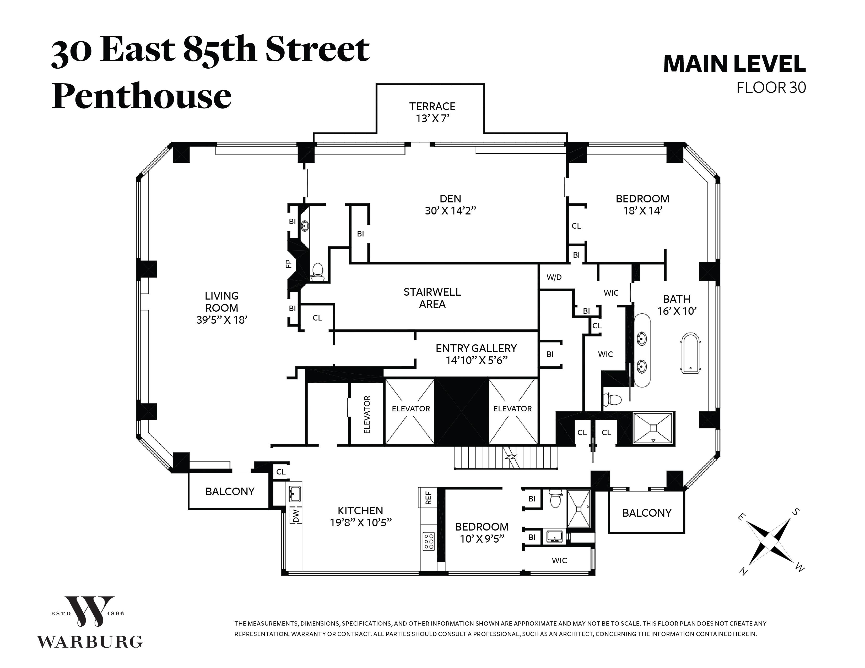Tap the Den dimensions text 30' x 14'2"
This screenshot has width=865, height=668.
(450, 211)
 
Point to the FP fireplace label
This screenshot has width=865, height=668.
(289, 264)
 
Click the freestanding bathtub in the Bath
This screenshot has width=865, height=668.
(690, 354)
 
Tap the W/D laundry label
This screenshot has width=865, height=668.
(554, 277)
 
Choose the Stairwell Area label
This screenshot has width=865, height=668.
(432, 298)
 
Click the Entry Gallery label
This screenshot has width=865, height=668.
(476, 348)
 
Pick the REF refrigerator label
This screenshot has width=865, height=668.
(428, 498)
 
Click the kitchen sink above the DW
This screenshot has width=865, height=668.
(294, 493)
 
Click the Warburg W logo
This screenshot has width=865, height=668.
(89, 611)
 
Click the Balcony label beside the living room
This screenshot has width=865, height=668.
(230, 492)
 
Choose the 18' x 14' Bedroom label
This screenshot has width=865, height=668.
(642, 205)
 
